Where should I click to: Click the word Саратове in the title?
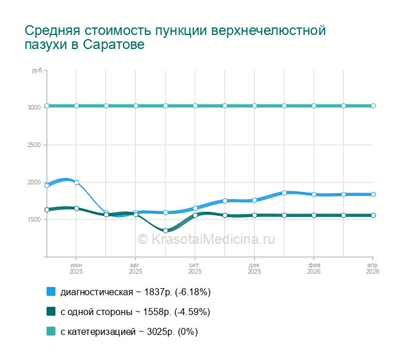(x=114, y=44)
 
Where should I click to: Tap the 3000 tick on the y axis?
(x=34, y=107)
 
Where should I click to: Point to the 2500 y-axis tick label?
(x=34, y=145)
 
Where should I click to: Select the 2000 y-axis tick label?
(x=34, y=182)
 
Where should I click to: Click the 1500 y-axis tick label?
(x=34, y=219)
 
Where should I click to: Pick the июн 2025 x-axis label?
(x=76, y=268)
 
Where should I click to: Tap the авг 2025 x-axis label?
(x=135, y=268)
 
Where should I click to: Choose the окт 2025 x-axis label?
(x=195, y=268)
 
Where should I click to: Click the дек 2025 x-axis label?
(x=254, y=268)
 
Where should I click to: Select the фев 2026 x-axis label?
(x=314, y=268)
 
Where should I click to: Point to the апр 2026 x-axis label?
(x=372, y=268)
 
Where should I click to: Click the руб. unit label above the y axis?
(x=37, y=71)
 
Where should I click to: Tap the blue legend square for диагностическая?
(x=51, y=291)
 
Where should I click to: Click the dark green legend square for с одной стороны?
(x=51, y=312)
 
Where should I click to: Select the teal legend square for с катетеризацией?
(x=51, y=331)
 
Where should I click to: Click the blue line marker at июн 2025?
(x=76, y=183)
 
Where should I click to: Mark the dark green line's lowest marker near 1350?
(x=166, y=230)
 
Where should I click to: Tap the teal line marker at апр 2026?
(x=373, y=106)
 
